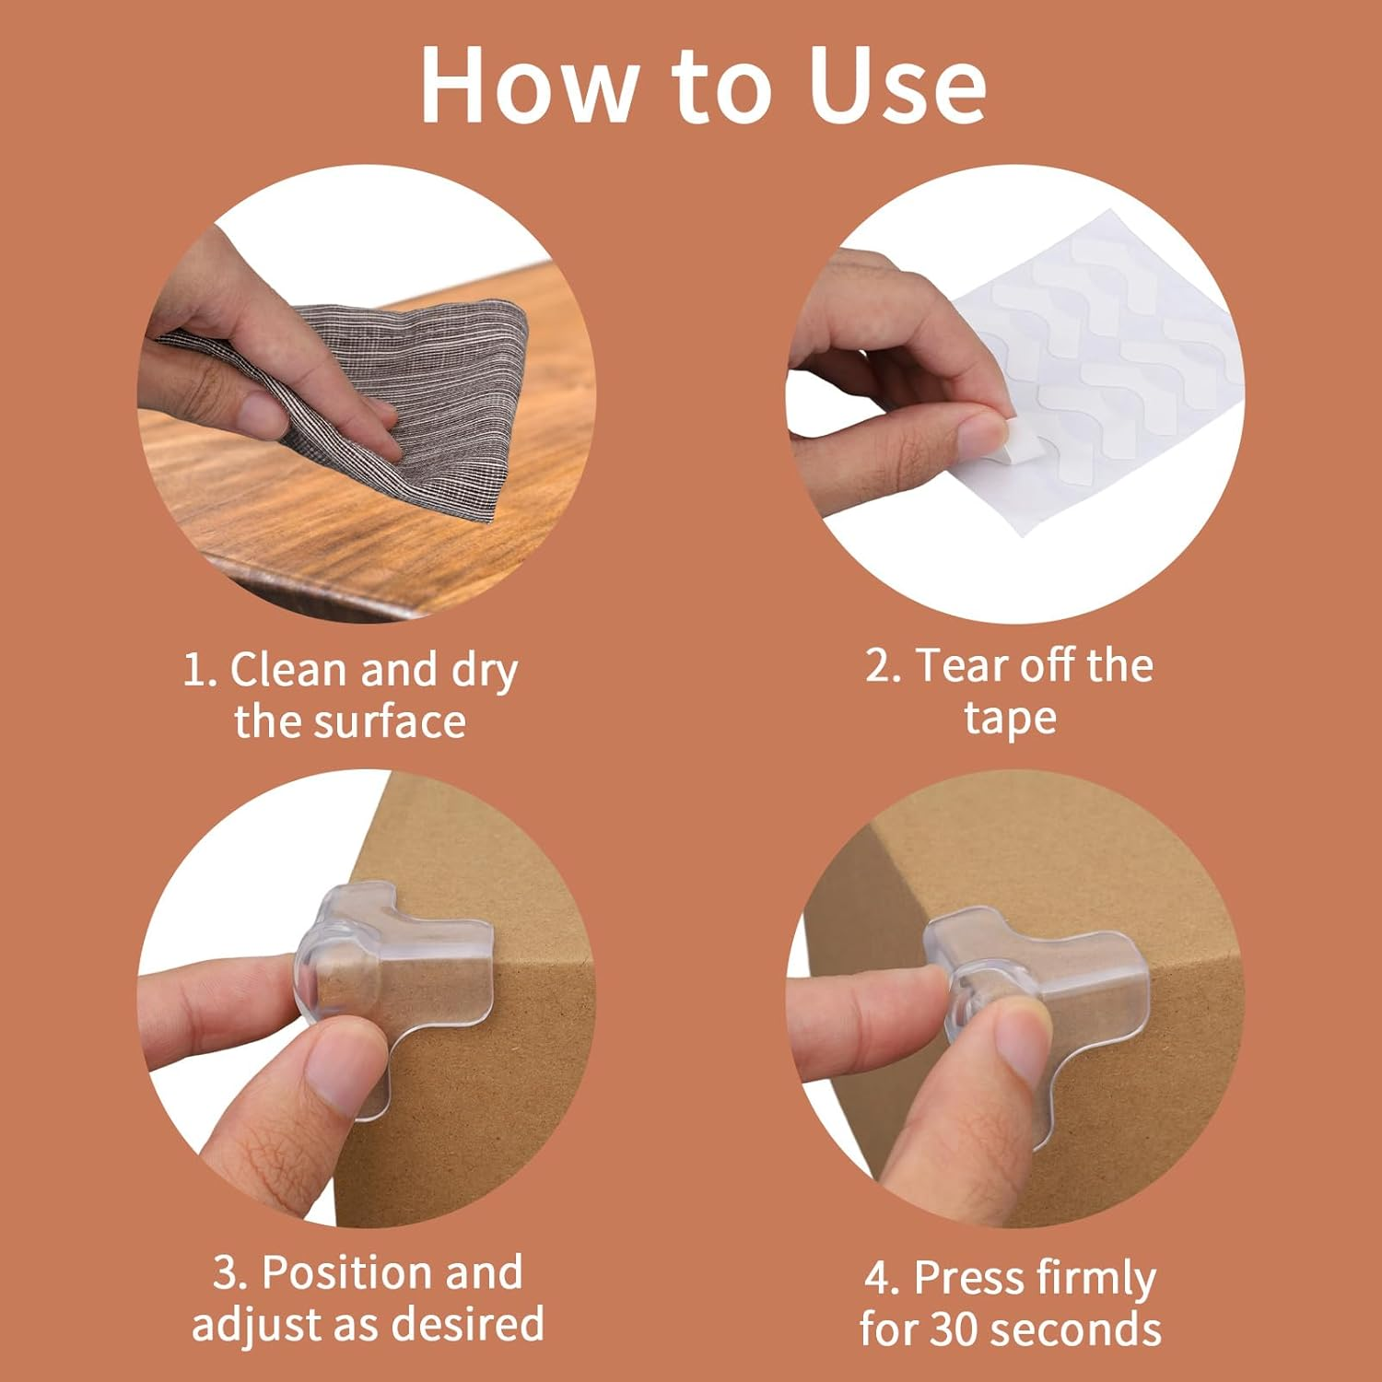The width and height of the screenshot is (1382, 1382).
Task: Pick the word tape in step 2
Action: click(1011, 719)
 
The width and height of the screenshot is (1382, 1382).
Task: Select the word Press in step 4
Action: click(970, 1278)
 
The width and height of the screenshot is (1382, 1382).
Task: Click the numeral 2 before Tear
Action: click(878, 665)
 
